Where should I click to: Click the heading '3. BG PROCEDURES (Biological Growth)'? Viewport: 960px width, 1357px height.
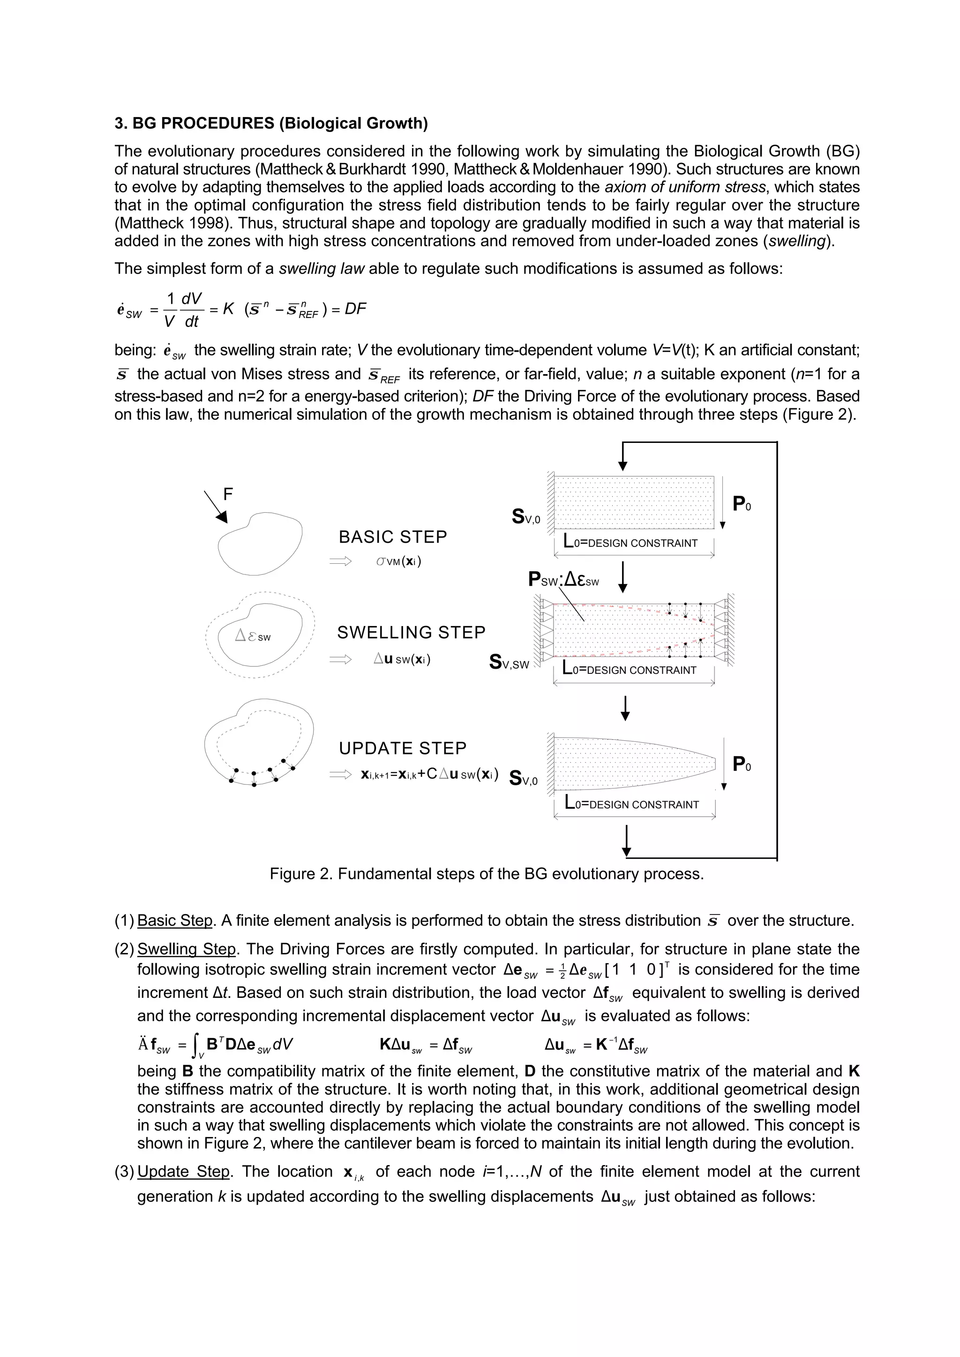(x=271, y=124)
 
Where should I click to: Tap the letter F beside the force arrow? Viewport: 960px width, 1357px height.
(x=228, y=494)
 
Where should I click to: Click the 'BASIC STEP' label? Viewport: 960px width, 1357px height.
(x=393, y=537)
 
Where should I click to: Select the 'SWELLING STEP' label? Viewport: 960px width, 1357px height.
(x=411, y=633)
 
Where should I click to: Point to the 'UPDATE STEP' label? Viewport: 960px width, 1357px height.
(x=402, y=748)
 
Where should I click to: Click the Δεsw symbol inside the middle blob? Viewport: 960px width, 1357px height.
(x=253, y=636)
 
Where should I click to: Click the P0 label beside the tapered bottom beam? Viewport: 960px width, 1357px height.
(x=742, y=764)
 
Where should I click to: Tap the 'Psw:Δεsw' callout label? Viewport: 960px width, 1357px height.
(x=563, y=580)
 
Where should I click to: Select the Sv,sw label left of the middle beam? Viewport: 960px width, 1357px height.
(x=509, y=662)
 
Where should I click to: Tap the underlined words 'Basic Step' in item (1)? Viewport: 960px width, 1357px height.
(x=174, y=920)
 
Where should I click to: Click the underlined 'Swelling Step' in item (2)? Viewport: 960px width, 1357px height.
(x=186, y=949)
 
